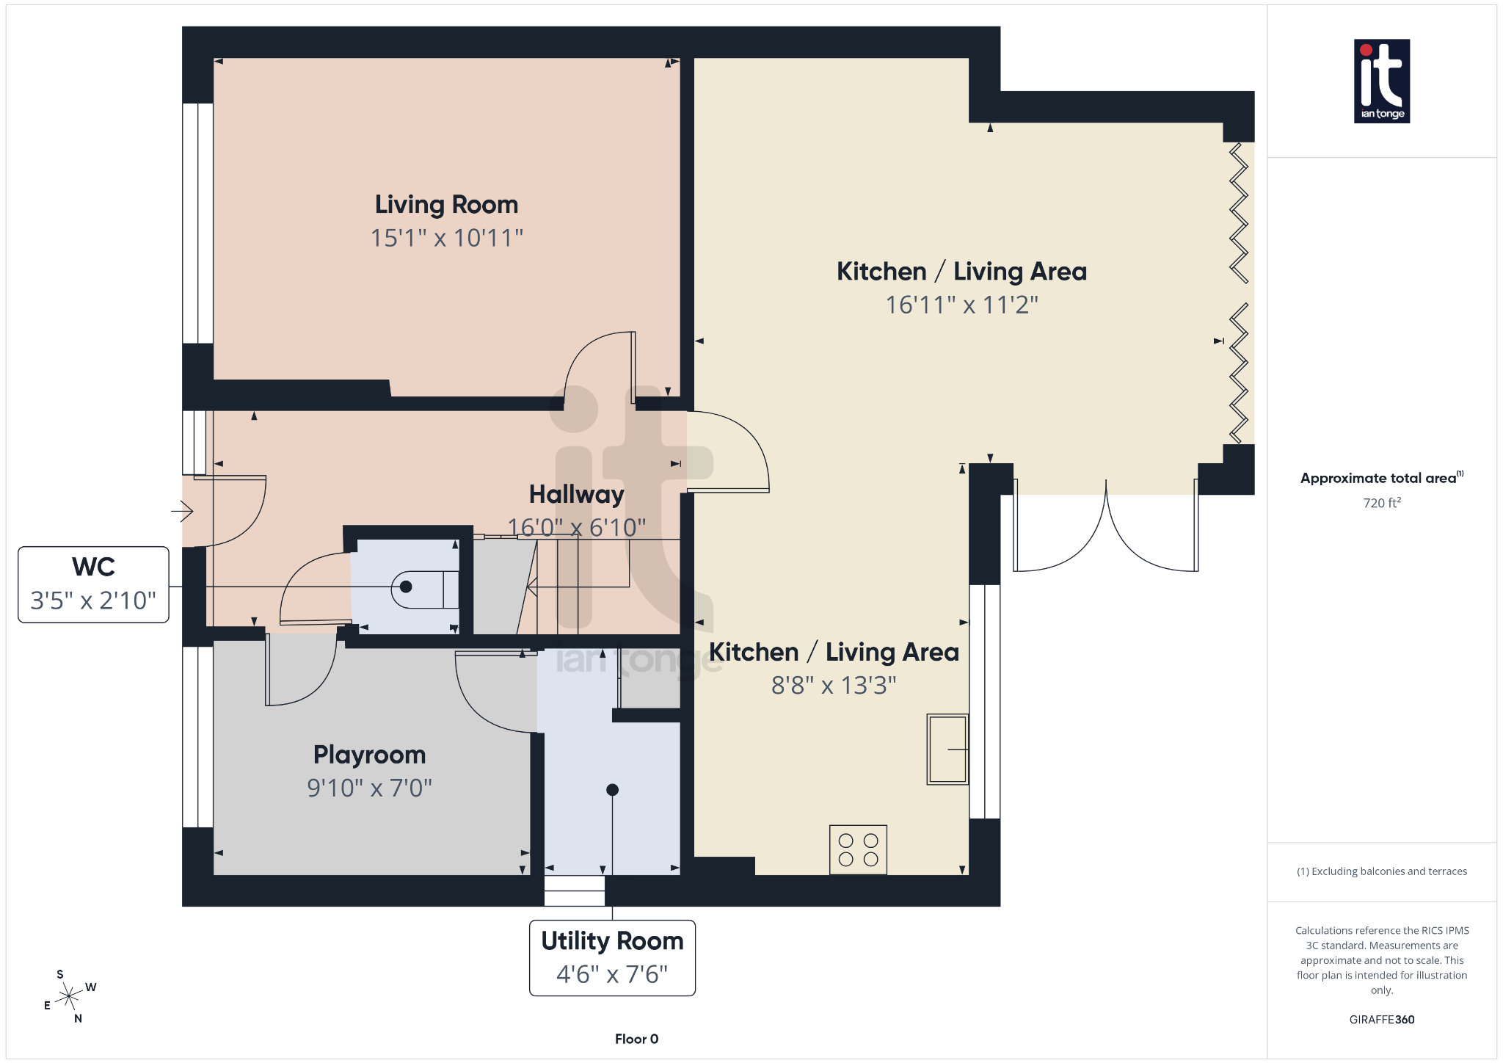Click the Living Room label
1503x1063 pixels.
point(446,205)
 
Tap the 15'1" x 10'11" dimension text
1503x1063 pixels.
point(446,238)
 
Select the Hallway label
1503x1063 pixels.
point(576,495)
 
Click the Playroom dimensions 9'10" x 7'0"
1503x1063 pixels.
point(369,788)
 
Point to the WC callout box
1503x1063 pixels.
point(93,584)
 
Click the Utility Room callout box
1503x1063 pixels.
point(612,957)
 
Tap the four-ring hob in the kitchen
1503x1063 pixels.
point(858,849)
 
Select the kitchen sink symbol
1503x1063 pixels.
point(947,749)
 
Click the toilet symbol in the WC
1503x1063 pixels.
point(422,587)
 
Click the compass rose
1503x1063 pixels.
point(69,996)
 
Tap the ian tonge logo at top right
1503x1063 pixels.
point(1381,81)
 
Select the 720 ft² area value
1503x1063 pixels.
point(1381,503)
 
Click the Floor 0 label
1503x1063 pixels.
point(636,1039)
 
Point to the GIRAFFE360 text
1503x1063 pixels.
point(1381,1020)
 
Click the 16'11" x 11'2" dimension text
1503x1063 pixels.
point(961,305)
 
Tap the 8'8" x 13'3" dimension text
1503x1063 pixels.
point(834,685)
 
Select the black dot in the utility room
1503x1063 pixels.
point(612,790)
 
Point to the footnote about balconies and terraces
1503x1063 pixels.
point(1381,871)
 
